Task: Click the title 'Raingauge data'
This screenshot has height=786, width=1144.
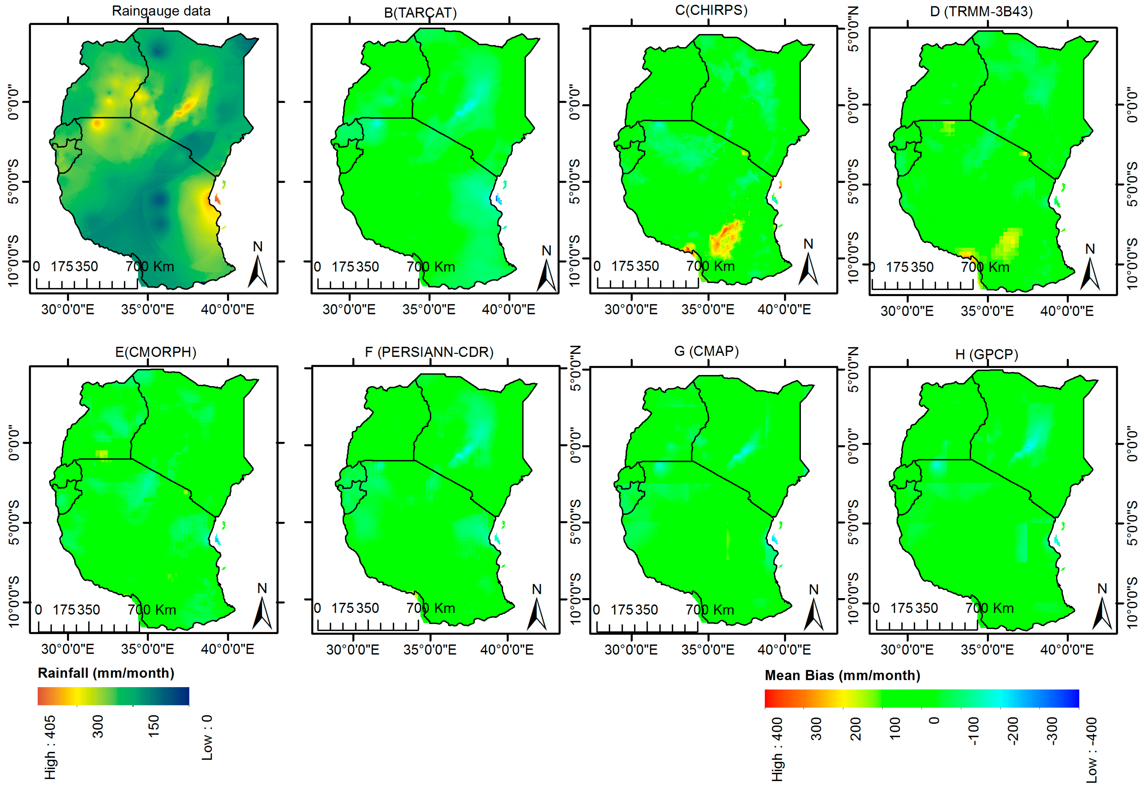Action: (x=161, y=11)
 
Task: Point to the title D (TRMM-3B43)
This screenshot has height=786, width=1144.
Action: (x=981, y=11)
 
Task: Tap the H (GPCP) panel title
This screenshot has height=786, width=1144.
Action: (x=986, y=354)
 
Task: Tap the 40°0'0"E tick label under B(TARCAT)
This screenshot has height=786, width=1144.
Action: (x=508, y=309)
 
